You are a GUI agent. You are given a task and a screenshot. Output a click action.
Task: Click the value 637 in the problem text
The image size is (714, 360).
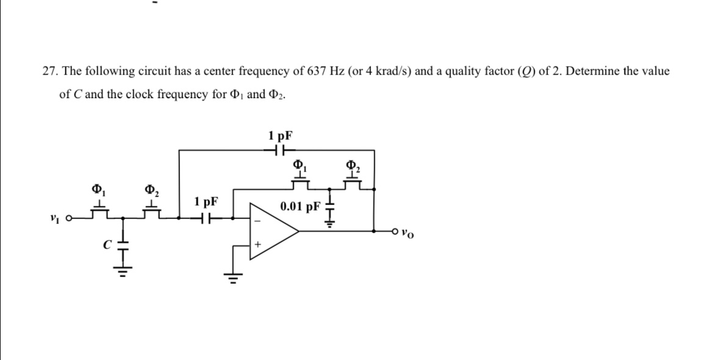click(x=316, y=71)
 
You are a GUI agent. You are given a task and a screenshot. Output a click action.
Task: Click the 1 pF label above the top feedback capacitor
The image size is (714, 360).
click(x=280, y=135)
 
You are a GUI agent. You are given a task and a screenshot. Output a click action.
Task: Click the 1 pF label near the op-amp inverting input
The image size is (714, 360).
click(x=206, y=201)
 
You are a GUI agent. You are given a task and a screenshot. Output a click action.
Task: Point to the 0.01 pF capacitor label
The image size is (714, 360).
click(x=300, y=206)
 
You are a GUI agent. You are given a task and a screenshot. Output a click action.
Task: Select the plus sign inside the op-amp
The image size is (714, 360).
click(x=257, y=244)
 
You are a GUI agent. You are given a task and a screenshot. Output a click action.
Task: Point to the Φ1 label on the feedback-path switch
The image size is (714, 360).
click(x=299, y=165)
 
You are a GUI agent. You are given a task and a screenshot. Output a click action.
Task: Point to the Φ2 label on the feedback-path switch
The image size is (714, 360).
click(x=352, y=165)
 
